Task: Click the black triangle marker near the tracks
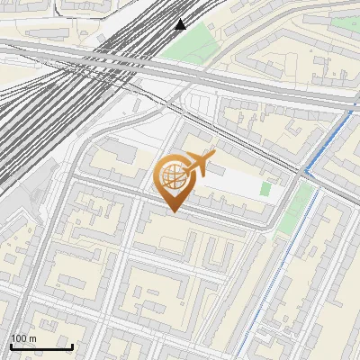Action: (181, 24)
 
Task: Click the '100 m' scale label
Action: (23, 338)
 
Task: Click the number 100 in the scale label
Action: (19, 338)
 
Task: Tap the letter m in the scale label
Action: (32, 339)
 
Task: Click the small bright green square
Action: (265, 189)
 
